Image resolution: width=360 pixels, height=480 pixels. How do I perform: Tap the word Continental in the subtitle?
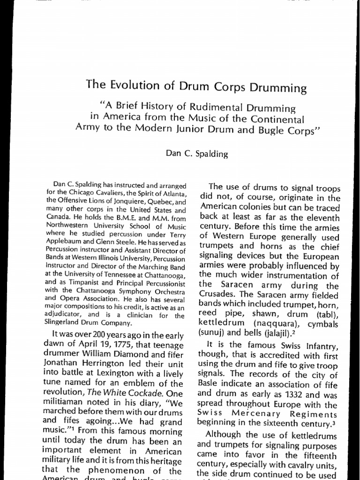279,119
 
